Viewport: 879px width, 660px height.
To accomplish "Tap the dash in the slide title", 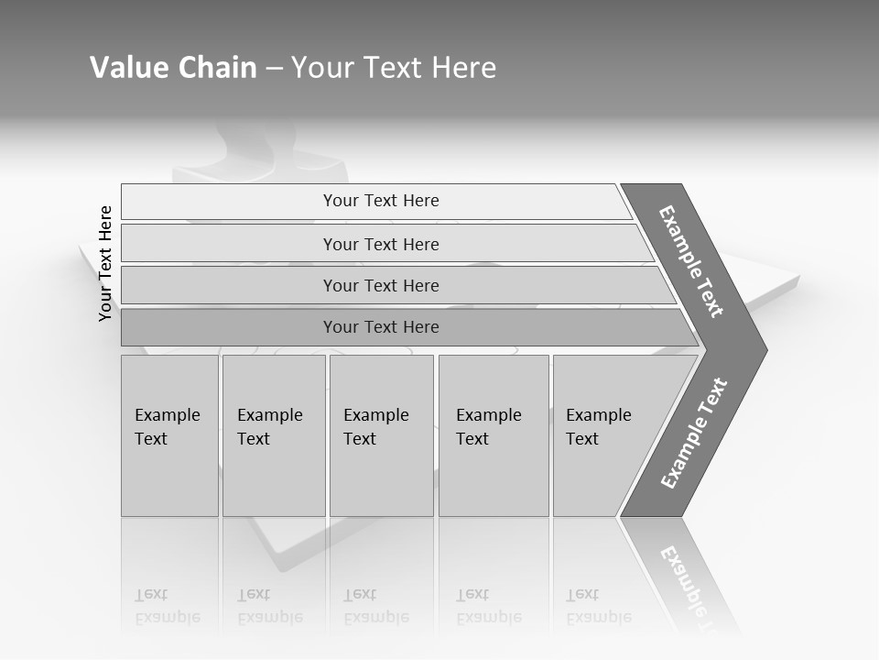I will coord(274,69).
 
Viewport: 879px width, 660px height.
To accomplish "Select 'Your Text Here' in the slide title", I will coord(394,68).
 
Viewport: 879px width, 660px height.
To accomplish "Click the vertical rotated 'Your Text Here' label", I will coord(105,263).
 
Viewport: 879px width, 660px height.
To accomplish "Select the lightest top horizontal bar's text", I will coord(381,201).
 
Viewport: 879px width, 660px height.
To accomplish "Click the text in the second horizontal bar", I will coord(381,245).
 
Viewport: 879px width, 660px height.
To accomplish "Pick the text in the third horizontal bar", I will coord(381,286).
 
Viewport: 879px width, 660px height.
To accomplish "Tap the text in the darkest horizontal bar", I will coord(381,327).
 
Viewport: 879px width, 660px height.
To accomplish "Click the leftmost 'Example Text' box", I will coord(169,435).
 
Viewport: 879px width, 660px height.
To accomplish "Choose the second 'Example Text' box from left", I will coord(273,435).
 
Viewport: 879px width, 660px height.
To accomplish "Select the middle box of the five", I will coord(381,435).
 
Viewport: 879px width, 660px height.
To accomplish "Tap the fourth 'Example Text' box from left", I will coord(493,435).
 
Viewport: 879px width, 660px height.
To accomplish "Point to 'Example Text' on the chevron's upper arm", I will coord(691,261).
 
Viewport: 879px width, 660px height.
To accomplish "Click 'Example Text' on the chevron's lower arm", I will coord(694,433).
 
